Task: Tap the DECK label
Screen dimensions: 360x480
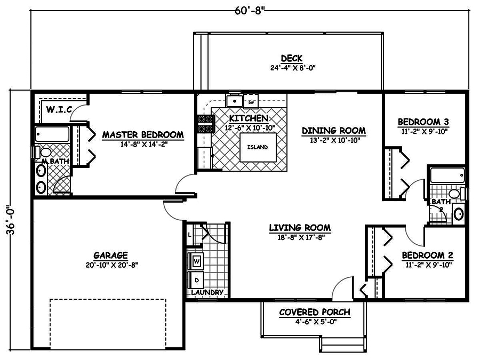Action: (292, 58)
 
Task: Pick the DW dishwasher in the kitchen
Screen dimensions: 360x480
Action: (252, 101)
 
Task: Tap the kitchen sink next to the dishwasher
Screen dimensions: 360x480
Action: (234, 101)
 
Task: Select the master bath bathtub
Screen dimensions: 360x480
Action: (52, 134)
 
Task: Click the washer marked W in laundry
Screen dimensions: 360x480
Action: (196, 261)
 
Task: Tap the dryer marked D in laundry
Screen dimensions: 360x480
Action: (196, 279)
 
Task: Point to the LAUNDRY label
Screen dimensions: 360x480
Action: (207, 292)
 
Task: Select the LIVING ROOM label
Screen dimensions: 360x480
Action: (299, 228)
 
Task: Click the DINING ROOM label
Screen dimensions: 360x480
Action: (333, 130)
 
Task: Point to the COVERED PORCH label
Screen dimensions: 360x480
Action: (315, 312)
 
